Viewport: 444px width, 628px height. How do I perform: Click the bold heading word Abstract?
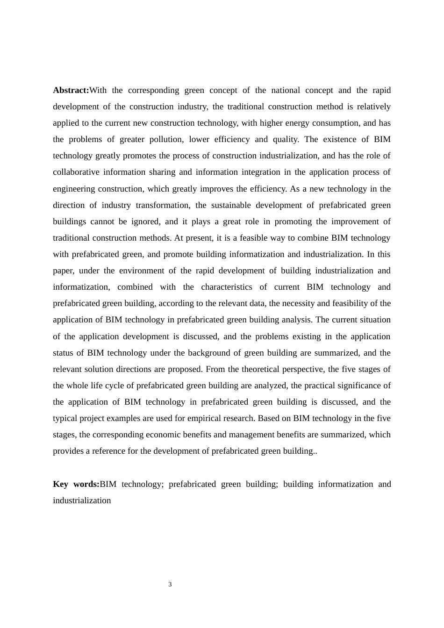[x=71, y=90]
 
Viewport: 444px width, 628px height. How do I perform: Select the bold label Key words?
[x=76, y=484]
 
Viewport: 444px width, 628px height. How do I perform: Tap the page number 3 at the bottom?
[x=170, y=585]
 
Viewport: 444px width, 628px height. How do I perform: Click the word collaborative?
[x=75, y=172]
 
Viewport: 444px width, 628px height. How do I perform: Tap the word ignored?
[x=145, y=221]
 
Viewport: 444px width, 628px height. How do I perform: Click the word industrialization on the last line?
[x=82, y=500]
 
